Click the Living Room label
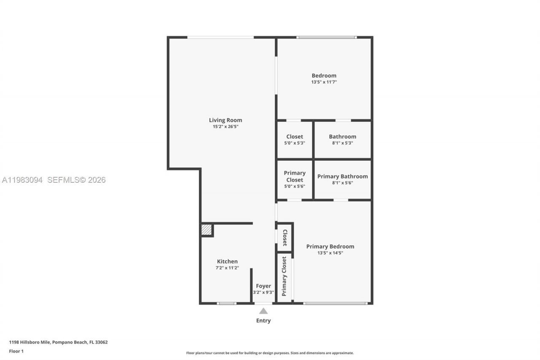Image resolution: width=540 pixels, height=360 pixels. [x=225, y=120]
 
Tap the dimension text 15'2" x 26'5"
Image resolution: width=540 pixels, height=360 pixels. [x=225, y=127]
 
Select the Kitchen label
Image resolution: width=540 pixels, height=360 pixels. [x=227, y=261]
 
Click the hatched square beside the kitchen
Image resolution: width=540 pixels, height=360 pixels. [x=206, y=230]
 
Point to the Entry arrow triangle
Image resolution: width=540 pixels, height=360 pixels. [x=263, y=311]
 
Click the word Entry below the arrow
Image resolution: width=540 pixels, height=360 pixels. [x=263, y=320]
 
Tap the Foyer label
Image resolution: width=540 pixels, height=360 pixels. [x=263, y=286]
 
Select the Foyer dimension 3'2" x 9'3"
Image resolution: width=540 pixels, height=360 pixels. [x=263, y=292]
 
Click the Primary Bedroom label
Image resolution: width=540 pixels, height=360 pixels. [x=330, y=246]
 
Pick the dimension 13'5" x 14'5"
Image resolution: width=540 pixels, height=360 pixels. [x=330, y=253]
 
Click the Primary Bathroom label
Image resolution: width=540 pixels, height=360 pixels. [x=342, y=176]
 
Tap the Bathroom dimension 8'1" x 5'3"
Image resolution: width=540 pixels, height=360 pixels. [x=342, y=143]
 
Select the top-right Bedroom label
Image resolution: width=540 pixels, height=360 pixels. [x=324, y=76]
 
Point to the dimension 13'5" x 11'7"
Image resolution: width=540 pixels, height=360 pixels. [x=324, y=82]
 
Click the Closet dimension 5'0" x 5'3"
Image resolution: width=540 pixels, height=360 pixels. [x=294, y=143]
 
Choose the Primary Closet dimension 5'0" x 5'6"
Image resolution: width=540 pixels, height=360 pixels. [x=294, y=186]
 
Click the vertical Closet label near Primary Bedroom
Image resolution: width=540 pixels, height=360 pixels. [x=285, y=238]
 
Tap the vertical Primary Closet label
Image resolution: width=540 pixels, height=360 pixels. [x=284, y=276]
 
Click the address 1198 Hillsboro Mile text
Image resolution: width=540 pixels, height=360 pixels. [x=58, y=342]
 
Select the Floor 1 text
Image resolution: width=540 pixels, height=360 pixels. [x=16, y=351]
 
